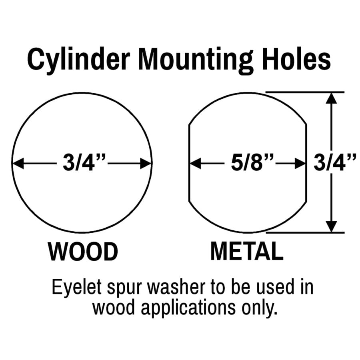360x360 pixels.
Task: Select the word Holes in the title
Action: tap(297, 59)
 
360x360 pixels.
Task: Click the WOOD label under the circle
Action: tap(83, 252)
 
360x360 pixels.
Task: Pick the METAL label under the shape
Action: tap(247, 251)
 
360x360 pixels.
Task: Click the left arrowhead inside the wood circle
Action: tap(18, 164)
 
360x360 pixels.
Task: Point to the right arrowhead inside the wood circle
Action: tap(146, 164)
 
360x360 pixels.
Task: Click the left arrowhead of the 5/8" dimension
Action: tap(195, 164)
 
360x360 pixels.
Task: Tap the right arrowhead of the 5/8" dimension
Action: tap(300, 164)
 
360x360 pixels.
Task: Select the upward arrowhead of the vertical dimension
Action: tap(331, 98)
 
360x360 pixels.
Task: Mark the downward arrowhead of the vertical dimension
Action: tap(331, 227)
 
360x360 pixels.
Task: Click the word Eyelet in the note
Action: tap(77, 288)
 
